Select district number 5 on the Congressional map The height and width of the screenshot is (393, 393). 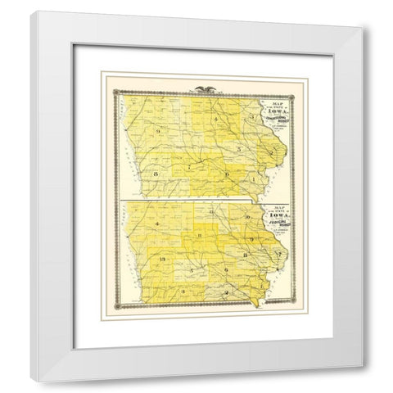237,150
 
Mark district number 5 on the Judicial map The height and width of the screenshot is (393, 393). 191,269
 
